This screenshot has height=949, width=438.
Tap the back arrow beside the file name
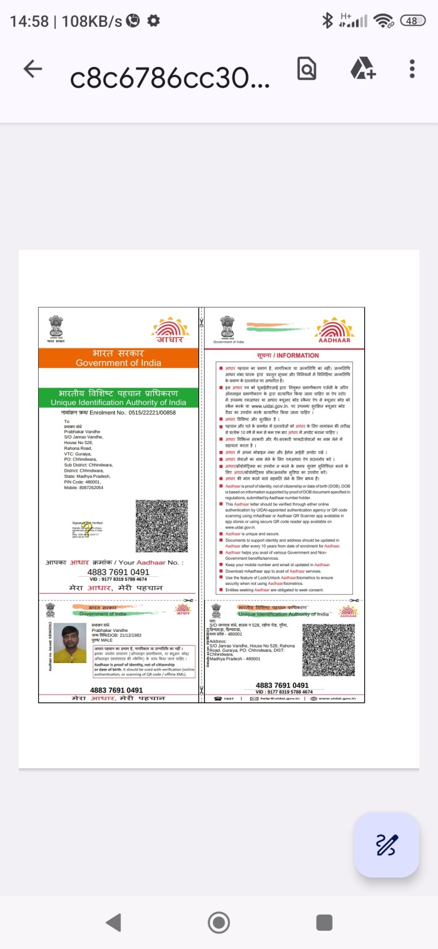click(x=33, y=69)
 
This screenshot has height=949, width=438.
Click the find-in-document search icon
click(x=307, y=69)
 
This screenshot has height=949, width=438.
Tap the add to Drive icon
click(x=362, y=68)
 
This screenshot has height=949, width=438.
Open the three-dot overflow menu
click(x=412, y=69)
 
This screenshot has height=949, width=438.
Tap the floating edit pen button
click(x=386, y=845)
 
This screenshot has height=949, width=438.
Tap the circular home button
click(x=218, y=922)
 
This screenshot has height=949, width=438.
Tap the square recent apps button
click(x=324, y=922)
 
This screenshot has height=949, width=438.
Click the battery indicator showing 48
click(x=412, y=21)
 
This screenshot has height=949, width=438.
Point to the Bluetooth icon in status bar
click(x=327, y=21)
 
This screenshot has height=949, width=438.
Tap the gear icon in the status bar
click(x=153, y=21)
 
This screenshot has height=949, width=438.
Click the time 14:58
click(x=29, y=21)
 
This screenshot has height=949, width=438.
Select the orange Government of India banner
click(x=118, y=358)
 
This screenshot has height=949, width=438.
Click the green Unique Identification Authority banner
click(x=118, y=398)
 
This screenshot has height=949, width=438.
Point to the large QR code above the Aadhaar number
click(x=161, y=526)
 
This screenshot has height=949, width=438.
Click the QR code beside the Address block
click(x=328, y=650)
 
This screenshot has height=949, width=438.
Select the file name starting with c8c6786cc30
click(x=170, y=78)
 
